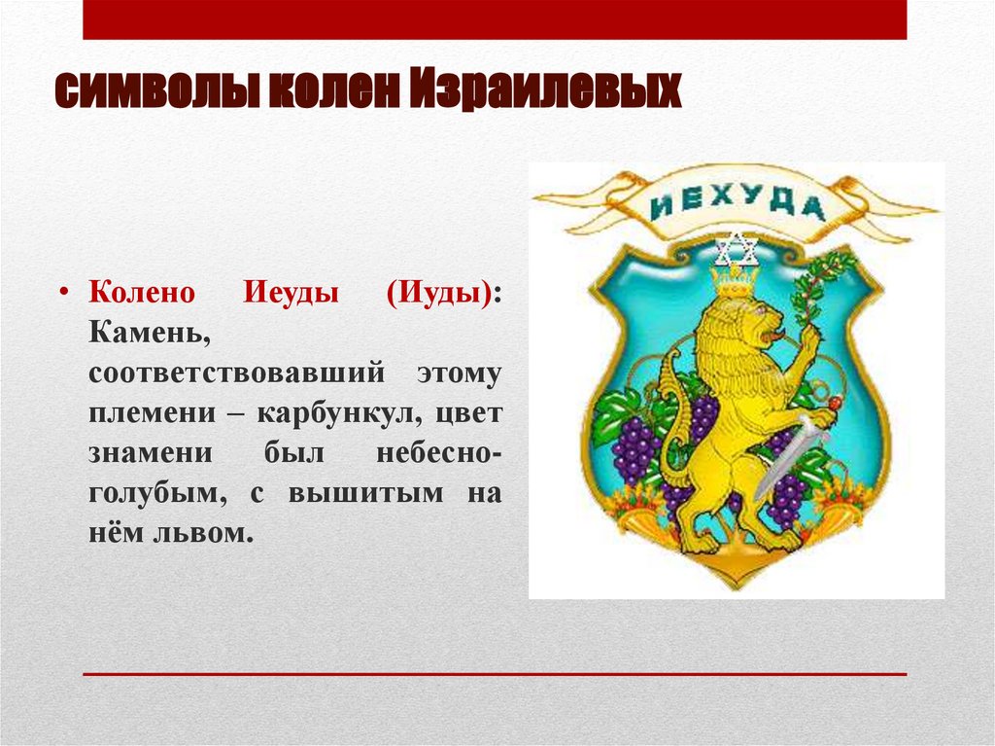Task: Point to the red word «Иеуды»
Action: click(287, 293)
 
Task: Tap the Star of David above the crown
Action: click(736, 251)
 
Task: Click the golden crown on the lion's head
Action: click(736, 281)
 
